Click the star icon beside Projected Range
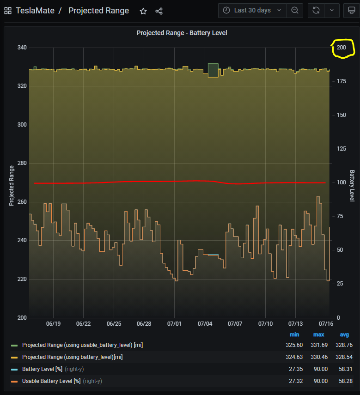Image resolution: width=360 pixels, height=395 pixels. pos(143,11)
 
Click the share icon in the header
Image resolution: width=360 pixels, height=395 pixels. pos(159,11)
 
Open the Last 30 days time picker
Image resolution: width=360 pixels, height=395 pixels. pos(252,10)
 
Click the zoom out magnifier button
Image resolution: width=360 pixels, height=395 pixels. pos(294,10)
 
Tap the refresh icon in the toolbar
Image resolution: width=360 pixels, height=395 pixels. pos(316,10)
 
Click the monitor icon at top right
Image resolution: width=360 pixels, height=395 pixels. pos(352,10)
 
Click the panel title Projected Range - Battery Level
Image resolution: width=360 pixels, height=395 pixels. pos(182,33)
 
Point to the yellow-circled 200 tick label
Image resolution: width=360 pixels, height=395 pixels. pos(342,48)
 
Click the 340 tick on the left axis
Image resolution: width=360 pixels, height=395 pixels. pos(22,48)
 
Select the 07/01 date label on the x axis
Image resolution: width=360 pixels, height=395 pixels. pos(174,324)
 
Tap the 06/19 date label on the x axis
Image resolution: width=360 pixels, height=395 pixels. pos(53,324)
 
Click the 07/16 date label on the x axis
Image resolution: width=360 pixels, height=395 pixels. pos(326,324)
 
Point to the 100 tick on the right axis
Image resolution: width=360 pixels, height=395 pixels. pos(341,182)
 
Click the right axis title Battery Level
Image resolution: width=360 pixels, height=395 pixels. pos(352,186)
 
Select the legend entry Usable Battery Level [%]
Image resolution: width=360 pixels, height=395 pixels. pos(51,381)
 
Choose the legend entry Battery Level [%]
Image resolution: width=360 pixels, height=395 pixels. pos(42,369)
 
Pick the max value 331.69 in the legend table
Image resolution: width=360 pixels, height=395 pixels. pos(318,345)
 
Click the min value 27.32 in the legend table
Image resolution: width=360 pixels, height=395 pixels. pos(294,381)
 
